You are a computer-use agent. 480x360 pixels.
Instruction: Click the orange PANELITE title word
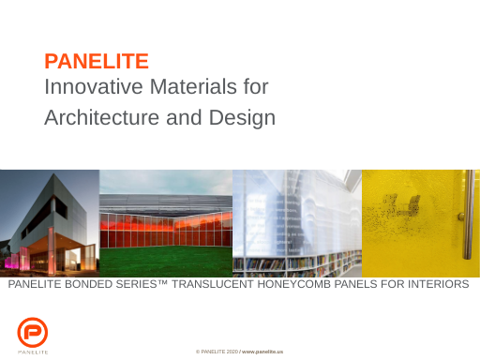pyautogui.click(x=97, y=62)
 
